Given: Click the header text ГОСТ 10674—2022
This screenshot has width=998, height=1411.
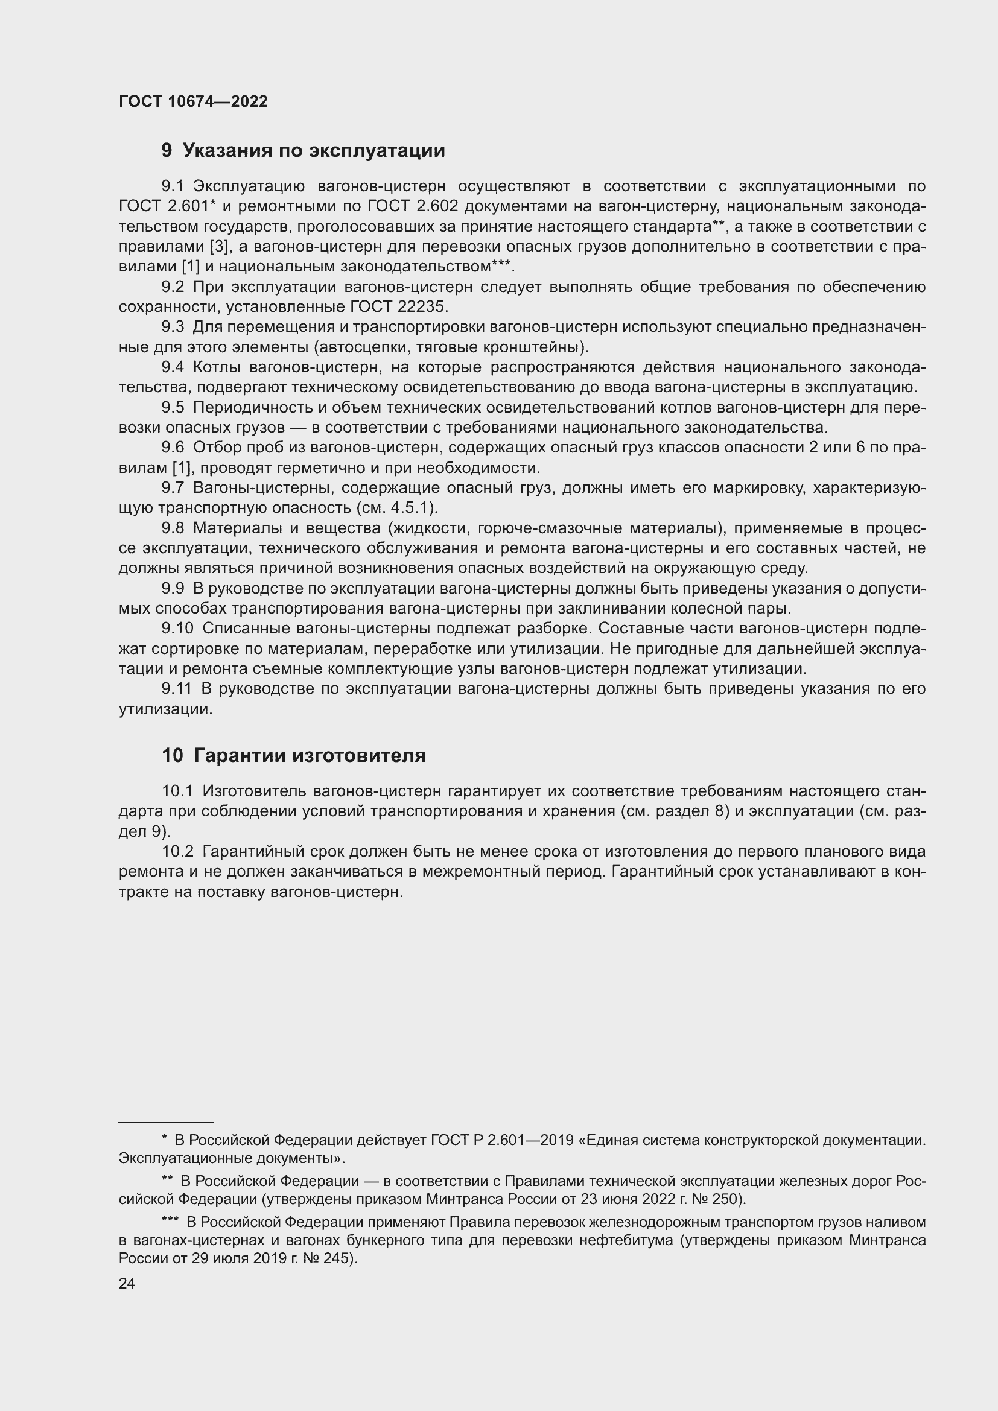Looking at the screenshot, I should [193, 101].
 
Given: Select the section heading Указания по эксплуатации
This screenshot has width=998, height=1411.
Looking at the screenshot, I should [313, 151].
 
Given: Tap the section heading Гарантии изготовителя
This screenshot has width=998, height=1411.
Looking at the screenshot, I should [310, 755].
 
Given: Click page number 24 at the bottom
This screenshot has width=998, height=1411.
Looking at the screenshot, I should [127, 1283].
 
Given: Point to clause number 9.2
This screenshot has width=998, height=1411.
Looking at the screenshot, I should [173, 287].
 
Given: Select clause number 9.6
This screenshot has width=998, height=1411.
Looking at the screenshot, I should [173, 448].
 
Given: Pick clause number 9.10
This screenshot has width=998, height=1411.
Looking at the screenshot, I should [177, 629].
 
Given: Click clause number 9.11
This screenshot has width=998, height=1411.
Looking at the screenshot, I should [176, 689].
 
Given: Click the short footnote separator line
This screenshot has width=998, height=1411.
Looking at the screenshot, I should [166, 1122].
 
